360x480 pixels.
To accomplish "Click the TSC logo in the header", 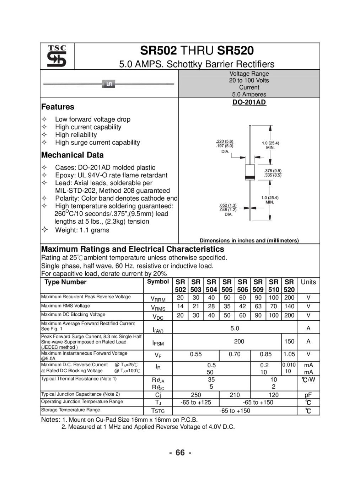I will coord(57,57).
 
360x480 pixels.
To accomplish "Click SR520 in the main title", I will coord(235,50).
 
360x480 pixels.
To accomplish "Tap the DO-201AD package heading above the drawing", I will coord(249,102).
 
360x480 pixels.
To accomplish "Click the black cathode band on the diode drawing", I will coord(251,177).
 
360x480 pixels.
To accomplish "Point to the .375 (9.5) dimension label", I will coord(273,171).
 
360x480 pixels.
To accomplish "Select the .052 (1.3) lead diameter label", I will coord(228,206).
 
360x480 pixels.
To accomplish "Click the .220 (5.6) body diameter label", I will coord(225,141).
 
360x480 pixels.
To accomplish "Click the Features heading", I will coord(58,107).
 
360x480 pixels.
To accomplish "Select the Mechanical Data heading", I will coord(72,155).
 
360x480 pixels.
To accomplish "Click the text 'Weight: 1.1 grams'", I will coord(82,230).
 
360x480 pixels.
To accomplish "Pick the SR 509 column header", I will coord(258,286).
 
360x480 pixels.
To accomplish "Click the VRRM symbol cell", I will coord(158,298).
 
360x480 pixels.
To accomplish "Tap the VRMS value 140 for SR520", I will coord(289,306).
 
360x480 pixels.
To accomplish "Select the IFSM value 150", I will coord(289,341).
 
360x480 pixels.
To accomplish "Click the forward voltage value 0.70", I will coord(235,354).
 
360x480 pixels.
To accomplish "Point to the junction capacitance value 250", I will coord(196,395).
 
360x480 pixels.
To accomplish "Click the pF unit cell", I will coord(308,395).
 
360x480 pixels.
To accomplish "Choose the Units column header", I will coord(308,282).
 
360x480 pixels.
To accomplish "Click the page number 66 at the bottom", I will coord(180,453).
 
